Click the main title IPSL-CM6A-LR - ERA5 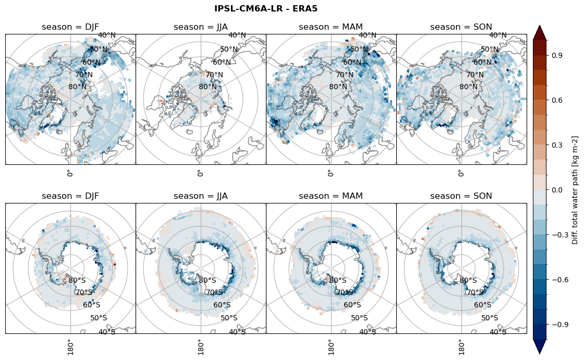(266, 8)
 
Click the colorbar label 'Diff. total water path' (575, 190)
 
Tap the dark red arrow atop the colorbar (540, 32)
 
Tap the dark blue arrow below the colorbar (540, 346)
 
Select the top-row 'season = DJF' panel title (70, 27)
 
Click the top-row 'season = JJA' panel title (201, 27)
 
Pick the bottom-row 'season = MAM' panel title (331, 196)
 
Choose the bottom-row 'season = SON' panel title (461, 196)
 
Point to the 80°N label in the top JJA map (208, 87)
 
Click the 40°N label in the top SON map (498, 35)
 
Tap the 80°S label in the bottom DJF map (77, 280)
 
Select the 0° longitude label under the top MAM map (330, 173)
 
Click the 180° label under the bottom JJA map (200, 346)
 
